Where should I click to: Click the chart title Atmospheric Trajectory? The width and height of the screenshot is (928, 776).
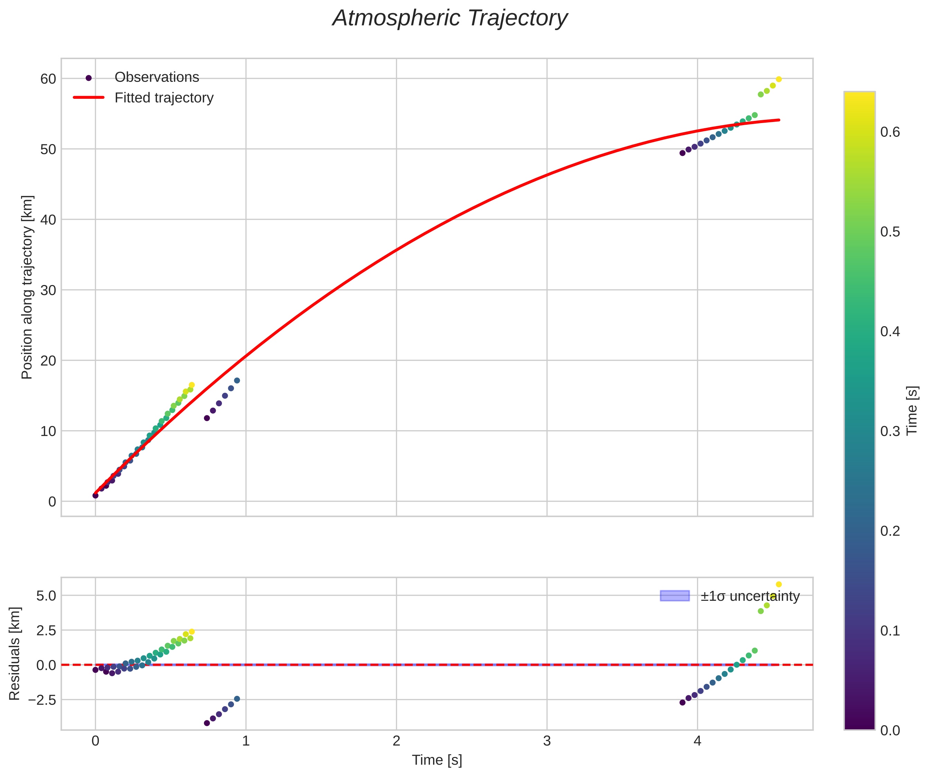[450, 19]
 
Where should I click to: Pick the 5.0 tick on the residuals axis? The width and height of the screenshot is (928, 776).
[46, 596]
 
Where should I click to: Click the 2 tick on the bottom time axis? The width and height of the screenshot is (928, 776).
[396, 741]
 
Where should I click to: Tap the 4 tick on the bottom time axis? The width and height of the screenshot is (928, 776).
[697, 741]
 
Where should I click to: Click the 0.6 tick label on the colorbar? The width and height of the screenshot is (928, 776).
[890, 132]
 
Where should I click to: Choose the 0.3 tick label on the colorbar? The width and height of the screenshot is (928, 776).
[890, 431]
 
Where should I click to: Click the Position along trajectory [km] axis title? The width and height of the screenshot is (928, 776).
[27, 287]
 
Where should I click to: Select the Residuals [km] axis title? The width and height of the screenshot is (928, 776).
[15, 654]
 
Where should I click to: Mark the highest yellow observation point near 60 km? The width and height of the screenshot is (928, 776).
[779, 79]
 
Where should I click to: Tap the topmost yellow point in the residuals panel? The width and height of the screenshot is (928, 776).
[779, 584]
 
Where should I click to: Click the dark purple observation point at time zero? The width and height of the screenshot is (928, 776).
[95, 495]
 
